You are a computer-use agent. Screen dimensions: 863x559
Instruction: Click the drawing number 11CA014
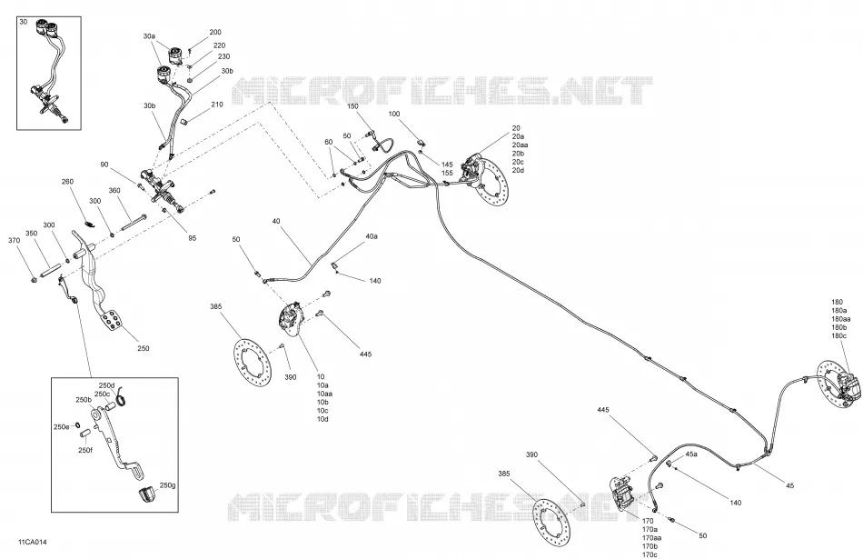click(x=32, y=543)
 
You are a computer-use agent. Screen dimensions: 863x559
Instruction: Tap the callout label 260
click(x=67, y=182)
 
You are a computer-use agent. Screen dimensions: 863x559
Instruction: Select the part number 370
click(x=15, y=241)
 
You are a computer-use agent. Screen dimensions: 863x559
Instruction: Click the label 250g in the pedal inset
click(x=167, y=485)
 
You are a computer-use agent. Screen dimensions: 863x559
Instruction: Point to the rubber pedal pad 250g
click(x=147, y=494)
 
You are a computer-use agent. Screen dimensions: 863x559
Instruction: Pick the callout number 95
click(x=192, y=238)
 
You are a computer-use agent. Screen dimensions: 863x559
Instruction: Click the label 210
click(x=217, y=105)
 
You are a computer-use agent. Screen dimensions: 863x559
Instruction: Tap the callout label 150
click(x=352, y=106)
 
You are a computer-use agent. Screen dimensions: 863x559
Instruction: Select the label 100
click(x=394, y=114)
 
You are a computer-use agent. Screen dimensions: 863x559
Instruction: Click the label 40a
click(x=372, y=236)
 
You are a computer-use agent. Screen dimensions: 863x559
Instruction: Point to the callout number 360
click(x=114, y=191)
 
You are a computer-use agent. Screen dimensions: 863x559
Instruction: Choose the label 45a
click(x=691, y=454)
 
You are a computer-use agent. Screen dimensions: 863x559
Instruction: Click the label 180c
click(x=838, y=336)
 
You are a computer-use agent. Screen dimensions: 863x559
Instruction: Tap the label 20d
click(x=518, y=170)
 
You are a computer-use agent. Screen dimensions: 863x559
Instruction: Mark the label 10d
click(x=322, y=419)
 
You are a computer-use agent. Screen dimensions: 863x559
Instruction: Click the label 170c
click(x=650, y=554)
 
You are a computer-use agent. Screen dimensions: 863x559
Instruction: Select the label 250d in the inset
click(x=107, y=385)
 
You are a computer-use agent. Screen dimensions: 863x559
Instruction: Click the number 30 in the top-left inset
click(x=23, y=22)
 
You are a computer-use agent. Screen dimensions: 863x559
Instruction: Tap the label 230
click(x=223, y=56)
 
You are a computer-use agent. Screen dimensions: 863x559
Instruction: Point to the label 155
click(x=447, y=173)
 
